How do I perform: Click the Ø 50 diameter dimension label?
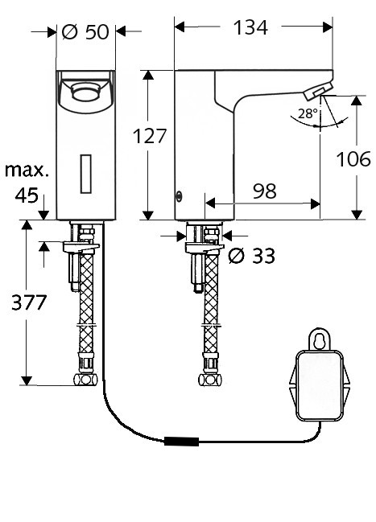(85, 32)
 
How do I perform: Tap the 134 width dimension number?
(250, 27)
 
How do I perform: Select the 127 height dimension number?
(149, 136)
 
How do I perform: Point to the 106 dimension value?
(353, 158)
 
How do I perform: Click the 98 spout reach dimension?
(264, 191)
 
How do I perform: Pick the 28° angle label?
(308, 114)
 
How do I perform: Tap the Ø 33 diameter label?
(252, 256)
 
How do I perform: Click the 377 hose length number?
(29, 302)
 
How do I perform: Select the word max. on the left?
(27, 171)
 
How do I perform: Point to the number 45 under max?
(27, 195)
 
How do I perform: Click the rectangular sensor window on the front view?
(86, 174)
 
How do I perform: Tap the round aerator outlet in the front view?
(86, 92)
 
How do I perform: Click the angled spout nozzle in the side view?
(318, 91)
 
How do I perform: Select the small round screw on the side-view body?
(180, 197)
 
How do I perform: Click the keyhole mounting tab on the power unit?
(320, 339)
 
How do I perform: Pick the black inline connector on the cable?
(182, 442)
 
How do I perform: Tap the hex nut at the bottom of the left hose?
(85, 379)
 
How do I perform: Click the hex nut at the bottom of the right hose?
(210, 380)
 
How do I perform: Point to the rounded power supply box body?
(320, 385)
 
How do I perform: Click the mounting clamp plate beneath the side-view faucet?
(205, 249)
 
